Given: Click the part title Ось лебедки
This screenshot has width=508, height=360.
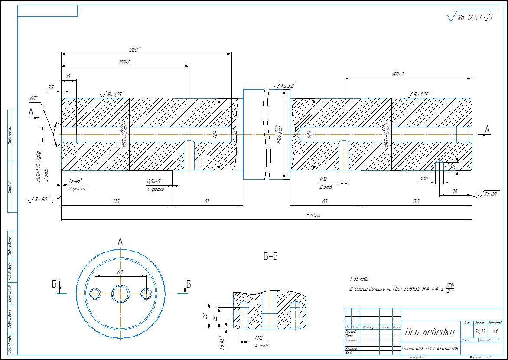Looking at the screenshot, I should click(x=430, y=332).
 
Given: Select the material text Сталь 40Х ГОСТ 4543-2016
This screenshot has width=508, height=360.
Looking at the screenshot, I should click(x=430, y=348).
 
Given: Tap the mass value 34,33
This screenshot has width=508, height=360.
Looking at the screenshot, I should click(x=480, y=332).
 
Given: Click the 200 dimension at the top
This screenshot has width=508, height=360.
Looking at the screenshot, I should click(x=135, y=50).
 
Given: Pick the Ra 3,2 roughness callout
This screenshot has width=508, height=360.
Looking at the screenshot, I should click(x=287, y=86).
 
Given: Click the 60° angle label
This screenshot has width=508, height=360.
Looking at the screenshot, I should click(x=34, y=99).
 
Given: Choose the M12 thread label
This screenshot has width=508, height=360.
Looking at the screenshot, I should click(x=259, y=338).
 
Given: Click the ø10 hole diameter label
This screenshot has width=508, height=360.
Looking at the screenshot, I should click(x=424, y=178).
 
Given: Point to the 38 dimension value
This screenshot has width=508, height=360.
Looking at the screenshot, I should click(x=454, y=191).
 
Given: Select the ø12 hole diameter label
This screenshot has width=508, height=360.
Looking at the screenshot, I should click(x=323, y=179).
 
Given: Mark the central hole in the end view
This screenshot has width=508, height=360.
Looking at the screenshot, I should click(x=120, y=294).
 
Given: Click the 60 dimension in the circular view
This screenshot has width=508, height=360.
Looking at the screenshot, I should click(x=120, y=272).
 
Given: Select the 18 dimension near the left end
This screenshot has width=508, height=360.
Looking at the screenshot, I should click(x=68, y=76).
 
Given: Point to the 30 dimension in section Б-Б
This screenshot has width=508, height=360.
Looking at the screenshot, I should click(x=205, y=316).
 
